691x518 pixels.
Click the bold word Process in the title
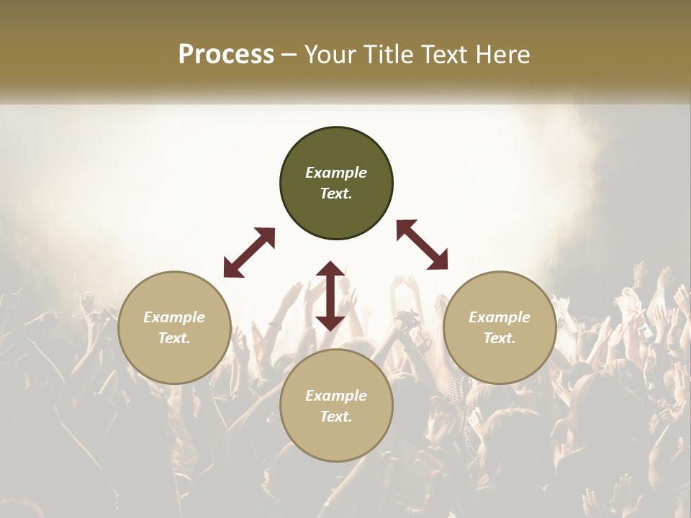coord(226,55)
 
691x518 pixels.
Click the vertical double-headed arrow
coord(330,296)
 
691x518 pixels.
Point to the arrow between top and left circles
coord(249,253)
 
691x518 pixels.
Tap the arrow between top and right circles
coord(423,245)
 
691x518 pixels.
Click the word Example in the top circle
coord(336,173)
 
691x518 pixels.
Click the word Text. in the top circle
coord(336,194)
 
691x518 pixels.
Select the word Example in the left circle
coord(174,317)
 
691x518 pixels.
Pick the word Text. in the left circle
coord(174,338)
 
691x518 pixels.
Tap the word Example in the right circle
coord(500,317)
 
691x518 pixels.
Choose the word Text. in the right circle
coord(500,338)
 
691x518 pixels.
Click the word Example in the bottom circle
coord(336,396)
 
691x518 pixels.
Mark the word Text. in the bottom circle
coord(336,417)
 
